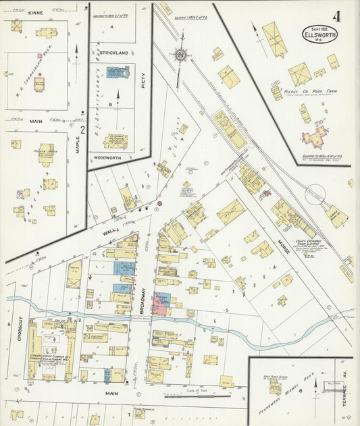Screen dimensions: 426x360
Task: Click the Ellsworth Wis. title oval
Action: [319, 34]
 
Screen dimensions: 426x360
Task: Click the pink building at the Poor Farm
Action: [314, 138]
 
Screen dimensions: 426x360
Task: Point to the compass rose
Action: [180, 56]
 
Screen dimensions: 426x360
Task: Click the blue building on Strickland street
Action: [118, 72]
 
